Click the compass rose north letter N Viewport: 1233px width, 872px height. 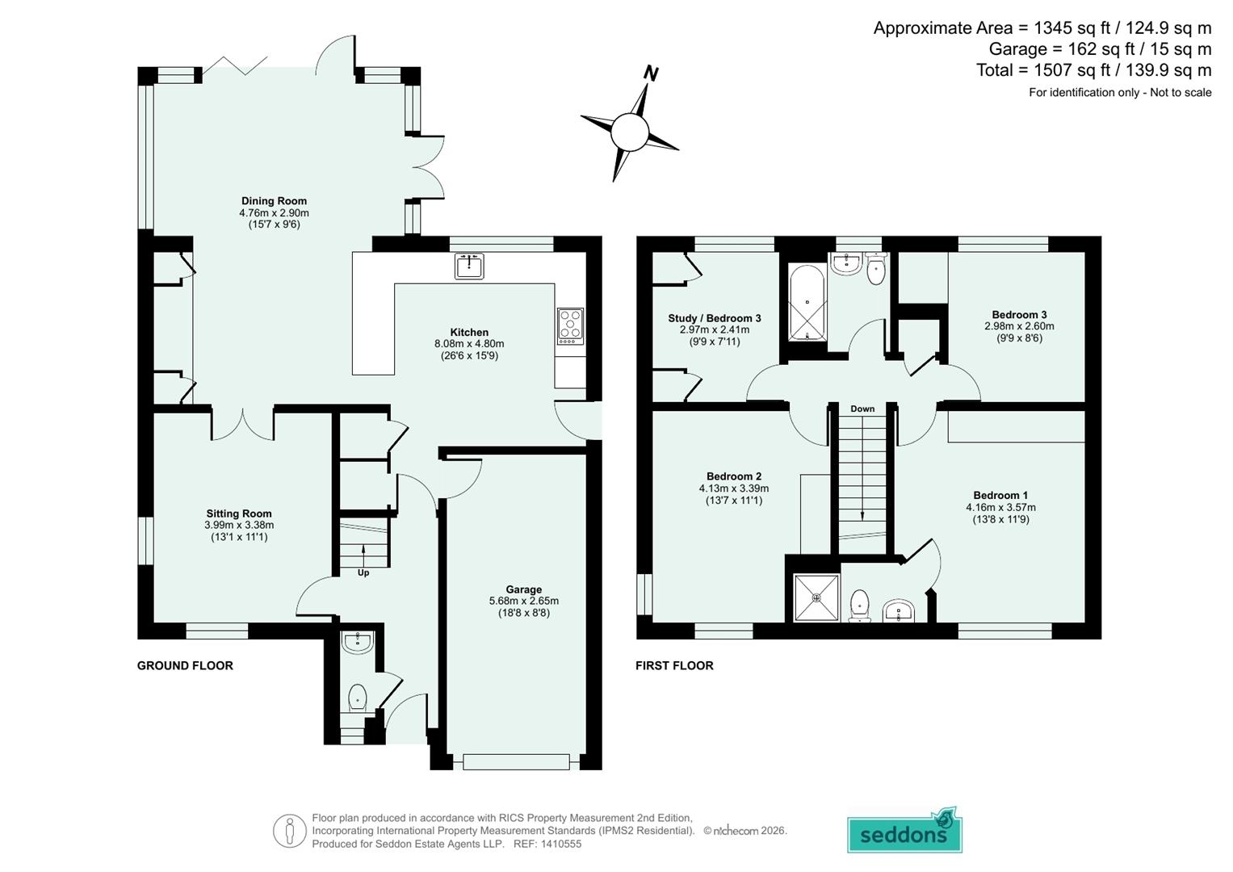(x=651, y=74)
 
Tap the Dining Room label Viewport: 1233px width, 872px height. (x=274, y=201)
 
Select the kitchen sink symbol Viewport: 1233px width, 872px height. (x=469, y=266)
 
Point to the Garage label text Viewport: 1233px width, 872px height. (x=523, y=589)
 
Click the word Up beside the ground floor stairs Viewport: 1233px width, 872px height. (x=363, y=572)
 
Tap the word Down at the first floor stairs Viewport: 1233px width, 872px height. (x=862, y=409)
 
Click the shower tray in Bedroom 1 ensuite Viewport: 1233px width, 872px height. (x=816, y=597)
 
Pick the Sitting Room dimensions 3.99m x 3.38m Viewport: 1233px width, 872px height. (x=239, y=525)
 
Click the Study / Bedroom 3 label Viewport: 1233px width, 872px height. (x=714, y=318)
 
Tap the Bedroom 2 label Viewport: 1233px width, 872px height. (x=733, y=476)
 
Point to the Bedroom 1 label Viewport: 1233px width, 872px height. (x=1000, y=495)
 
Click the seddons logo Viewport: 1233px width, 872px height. (x=904, y=832)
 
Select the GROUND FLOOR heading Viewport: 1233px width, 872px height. (x=185, y=665)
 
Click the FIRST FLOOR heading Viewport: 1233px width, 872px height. (x=674, y=665)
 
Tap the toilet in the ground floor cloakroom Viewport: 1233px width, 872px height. (x=357, y=697)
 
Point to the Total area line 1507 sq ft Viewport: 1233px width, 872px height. (x=1093, y=70)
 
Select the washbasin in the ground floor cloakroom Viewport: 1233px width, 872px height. (x=357, y=643)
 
